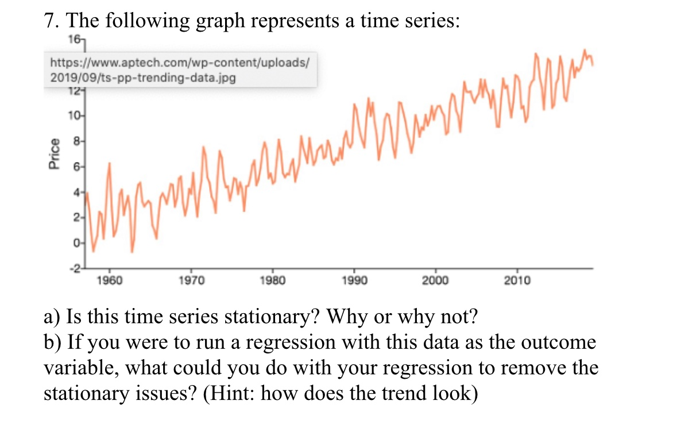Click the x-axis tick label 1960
tap(109, 280)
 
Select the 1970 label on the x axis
tap(191, 280)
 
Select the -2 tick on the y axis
tap(75, 268)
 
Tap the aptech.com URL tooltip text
tap(180, 61)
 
